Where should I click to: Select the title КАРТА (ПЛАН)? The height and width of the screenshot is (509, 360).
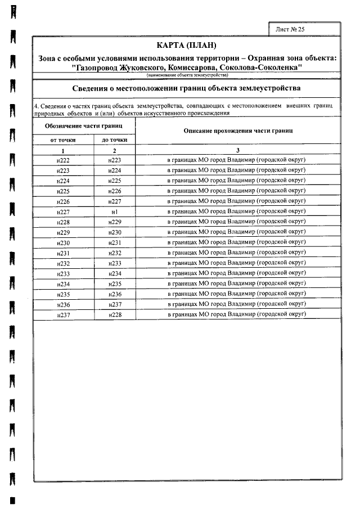(x=187, y=45)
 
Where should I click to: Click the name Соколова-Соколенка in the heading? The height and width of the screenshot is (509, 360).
(x=260, y=67)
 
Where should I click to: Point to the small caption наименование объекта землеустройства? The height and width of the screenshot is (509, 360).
(x=187, y=75)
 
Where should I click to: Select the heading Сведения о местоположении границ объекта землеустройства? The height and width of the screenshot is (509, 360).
(x=187, y=88)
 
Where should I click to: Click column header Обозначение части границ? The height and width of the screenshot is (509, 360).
(x=84, y=125)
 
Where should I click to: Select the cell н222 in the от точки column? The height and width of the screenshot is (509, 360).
(x=63, y=160)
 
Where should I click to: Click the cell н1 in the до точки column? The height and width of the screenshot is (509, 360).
(x=114, y=211)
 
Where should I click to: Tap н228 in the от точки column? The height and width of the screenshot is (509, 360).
(x=63, y=222)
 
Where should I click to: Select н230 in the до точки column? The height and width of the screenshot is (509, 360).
(x=115, y=232)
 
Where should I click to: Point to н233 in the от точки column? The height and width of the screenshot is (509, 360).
(x=63, y=273)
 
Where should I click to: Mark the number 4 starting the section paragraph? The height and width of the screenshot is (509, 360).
(x=36, y=106)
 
